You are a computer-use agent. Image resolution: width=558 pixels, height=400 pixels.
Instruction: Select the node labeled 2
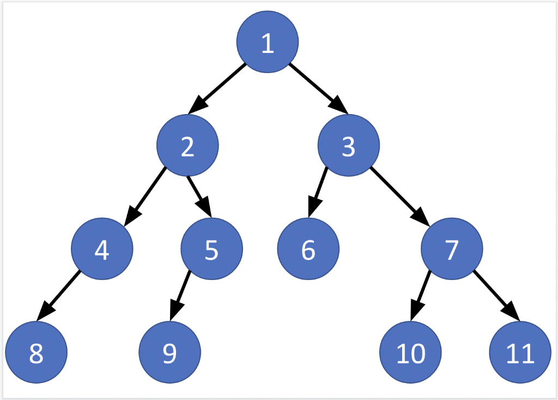pyautogui.click(x=187, y=146)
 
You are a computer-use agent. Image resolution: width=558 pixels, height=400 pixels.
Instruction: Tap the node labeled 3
pyautogui.click(x=349, y=146)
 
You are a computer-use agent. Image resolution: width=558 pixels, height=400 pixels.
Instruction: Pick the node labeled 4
pyautogui.click(x=102, y=248)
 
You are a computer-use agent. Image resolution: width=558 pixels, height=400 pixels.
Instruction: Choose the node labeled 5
pyautogui.click(x=211, y=248)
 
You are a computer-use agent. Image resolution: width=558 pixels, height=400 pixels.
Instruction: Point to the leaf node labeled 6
pyautogui.click(x=308, y=248)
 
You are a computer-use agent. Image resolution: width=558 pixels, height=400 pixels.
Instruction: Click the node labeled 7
pyautogui.click(x=452, y=248)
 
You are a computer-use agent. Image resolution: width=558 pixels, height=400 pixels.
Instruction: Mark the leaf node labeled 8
pyautogui.click(x=36, y=352)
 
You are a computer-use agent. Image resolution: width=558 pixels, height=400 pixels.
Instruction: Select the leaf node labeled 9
pyautogui.click(x=169, y=352)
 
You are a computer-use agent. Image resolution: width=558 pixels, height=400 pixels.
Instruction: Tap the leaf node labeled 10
pyautogui.click(x=410, y=352)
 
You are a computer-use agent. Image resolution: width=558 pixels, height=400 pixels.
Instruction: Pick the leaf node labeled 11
pyautogui.click(x=520, y=352)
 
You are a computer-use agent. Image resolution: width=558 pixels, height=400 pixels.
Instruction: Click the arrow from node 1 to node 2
pyautogui.click(x=217, y=88)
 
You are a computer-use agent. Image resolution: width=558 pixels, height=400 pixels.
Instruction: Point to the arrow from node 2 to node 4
pyautogui.click(x=145, y=196)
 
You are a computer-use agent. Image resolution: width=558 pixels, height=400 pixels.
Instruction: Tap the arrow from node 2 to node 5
pyautogui.click(x=199, y=196)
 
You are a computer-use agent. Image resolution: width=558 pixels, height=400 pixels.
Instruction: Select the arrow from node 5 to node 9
pyautogui.click(x=180, y=295)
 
